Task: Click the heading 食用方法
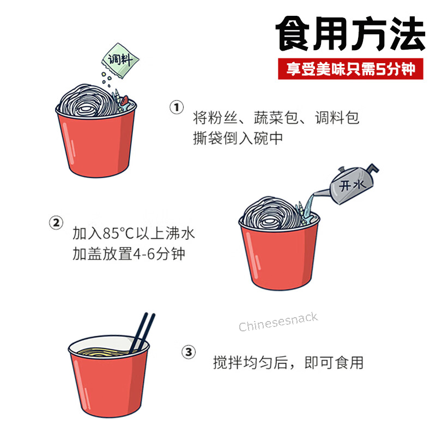click(350, 33)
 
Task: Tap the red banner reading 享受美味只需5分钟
click(350, 69)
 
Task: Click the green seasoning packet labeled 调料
click(120, 60)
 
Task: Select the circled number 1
click(177, 107)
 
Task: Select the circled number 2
click(56, 223)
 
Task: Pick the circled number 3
click(189, 352)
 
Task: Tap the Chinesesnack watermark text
click(278, 322)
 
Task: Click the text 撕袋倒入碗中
click(238, 138)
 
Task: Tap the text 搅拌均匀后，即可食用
click(288, 362)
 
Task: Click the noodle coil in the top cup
click(88, 101)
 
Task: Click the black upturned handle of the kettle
click(372, 168)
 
